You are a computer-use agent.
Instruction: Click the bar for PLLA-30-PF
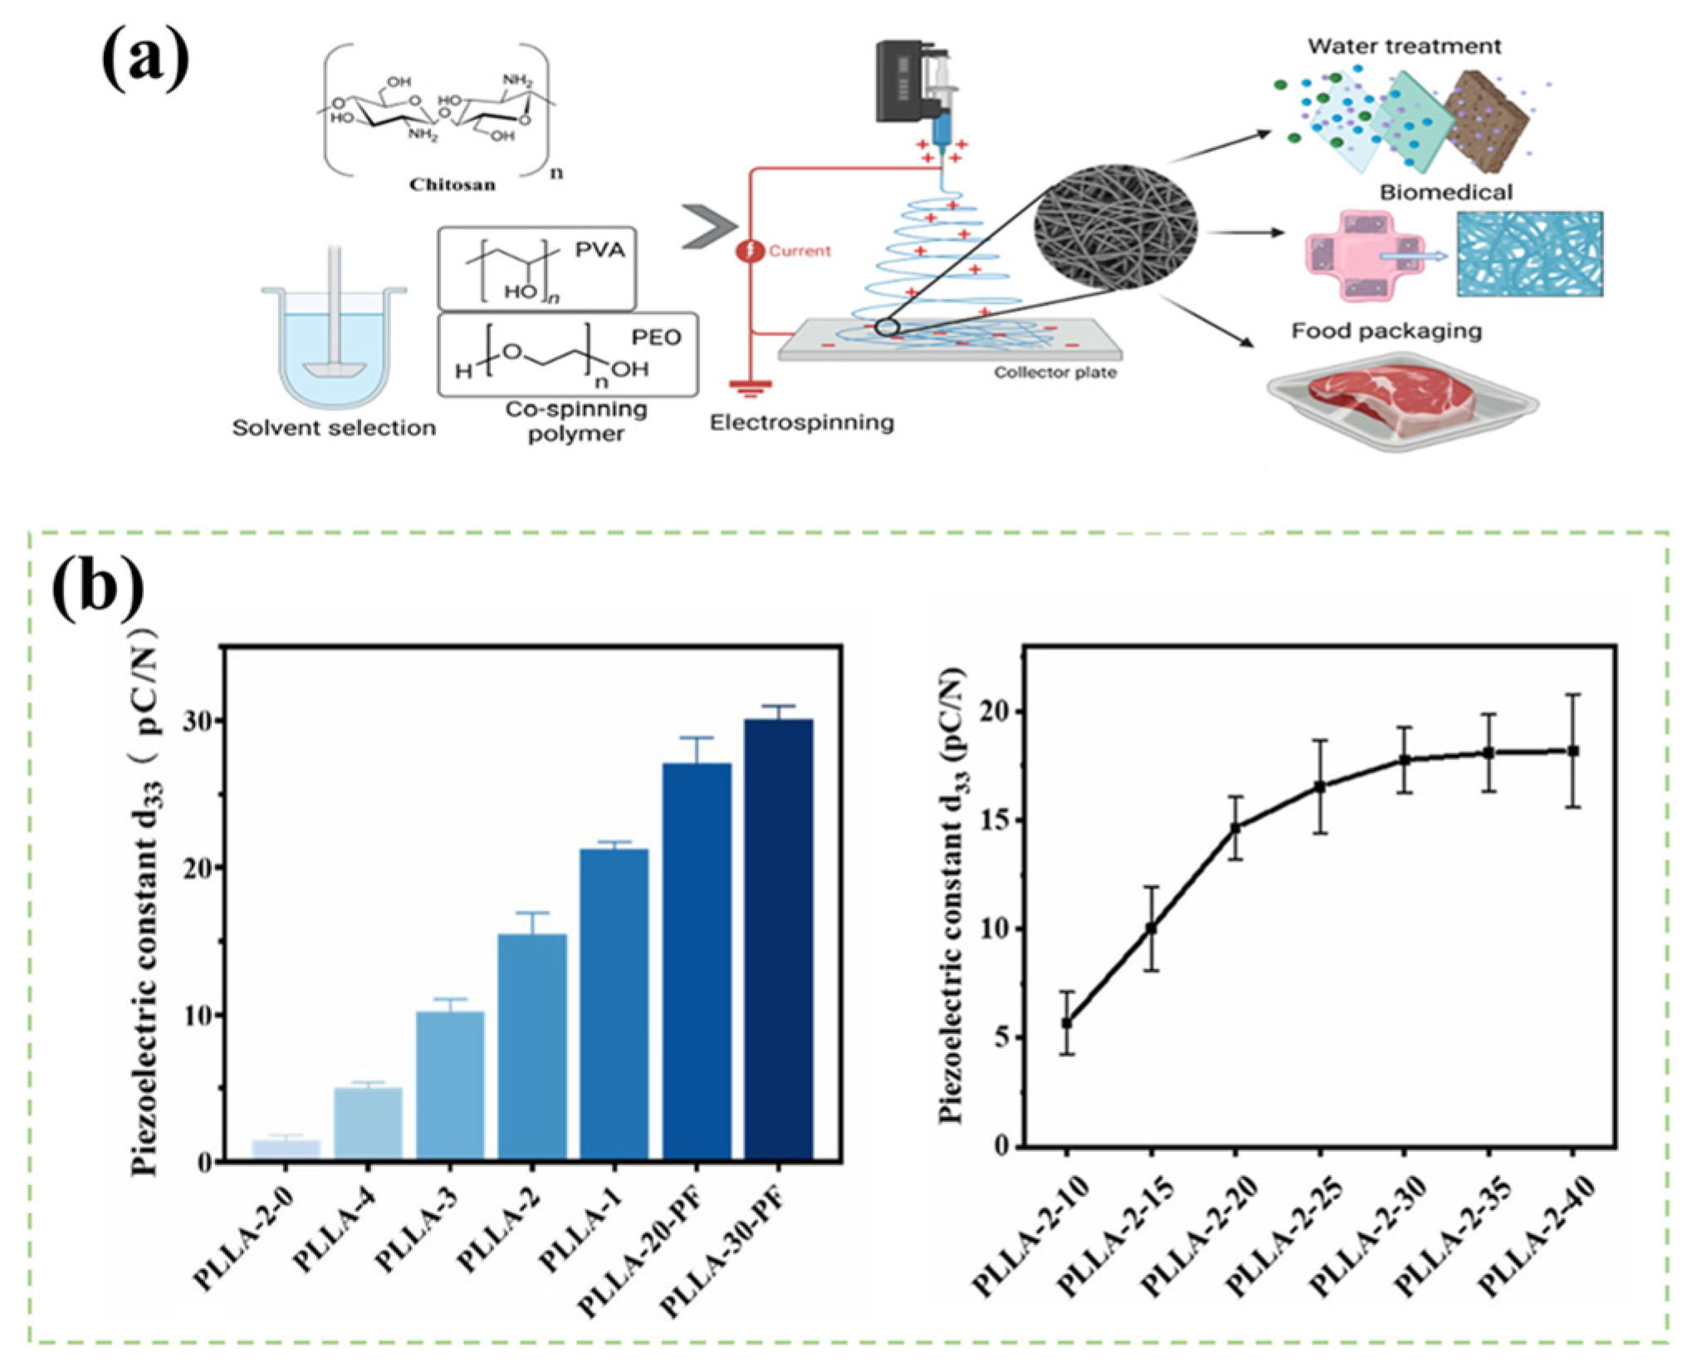click(778, 938)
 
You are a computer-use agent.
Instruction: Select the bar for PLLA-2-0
click(286, 1150)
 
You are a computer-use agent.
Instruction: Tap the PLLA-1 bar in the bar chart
click(614, 1005)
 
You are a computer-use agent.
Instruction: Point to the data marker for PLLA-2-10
click(1067, 1023)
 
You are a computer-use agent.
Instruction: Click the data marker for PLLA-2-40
click(1572, 751)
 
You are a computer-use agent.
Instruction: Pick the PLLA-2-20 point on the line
click(1235, 828)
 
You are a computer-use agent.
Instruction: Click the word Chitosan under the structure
click(452, 184)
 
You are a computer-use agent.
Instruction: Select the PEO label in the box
click(656, 337)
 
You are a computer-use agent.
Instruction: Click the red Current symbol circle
click(751, 250)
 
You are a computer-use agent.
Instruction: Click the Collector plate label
click(1055, 373)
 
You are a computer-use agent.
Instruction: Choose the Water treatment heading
click(1404, 47)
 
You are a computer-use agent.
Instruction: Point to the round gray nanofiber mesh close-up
click(1115, 226)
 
